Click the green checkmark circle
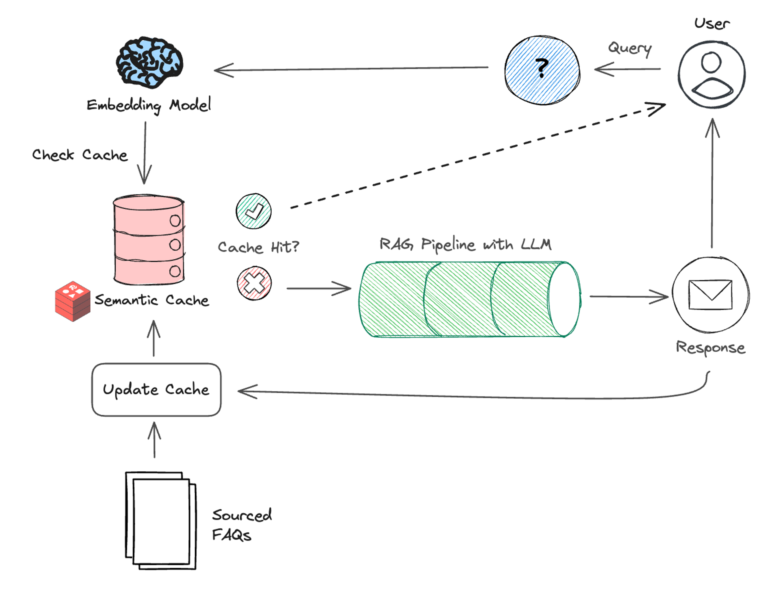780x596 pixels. click(x=254, y=211)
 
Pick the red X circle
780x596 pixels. click(x=254, y=283)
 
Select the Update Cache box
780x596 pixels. click(x=156, y=390)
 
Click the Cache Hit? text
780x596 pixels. click(x=258, y=247)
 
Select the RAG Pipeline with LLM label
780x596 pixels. click(x=465, y=244)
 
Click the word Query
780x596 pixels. click(x=630, y=48)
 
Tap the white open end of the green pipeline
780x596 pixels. click(x=564, y=299)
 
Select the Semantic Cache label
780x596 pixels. click(x=152, y=300)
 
